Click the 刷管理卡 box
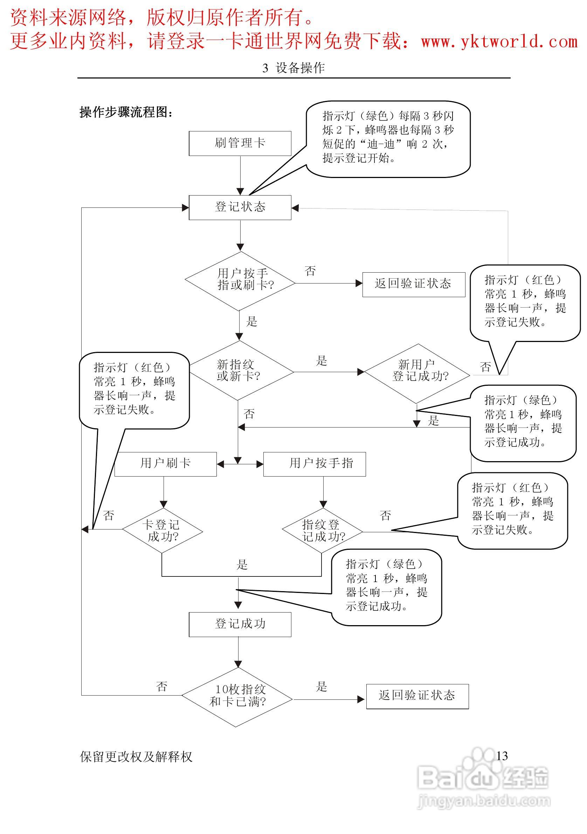240,143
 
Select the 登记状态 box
240,207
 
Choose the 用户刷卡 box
166,464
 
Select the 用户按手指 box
315,464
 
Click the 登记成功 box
240,624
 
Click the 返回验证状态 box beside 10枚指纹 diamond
417,696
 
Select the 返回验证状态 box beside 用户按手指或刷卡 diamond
414,284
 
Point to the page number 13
502,756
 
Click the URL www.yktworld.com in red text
499,42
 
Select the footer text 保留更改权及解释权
136,757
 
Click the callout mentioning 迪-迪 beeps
388,138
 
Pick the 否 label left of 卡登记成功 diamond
109,515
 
